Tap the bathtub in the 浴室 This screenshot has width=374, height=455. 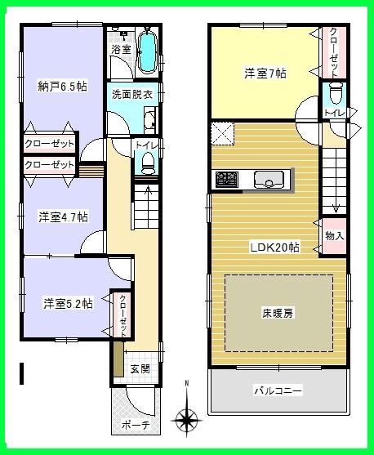(x=148, y=51)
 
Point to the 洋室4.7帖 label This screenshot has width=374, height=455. (x=63, y=217)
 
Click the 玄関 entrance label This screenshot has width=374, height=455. (x=140, y=368)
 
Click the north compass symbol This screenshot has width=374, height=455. (x=188, y=417)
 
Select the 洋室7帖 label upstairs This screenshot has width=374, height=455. (x=265, y=74)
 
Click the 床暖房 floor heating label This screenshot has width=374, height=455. (x=278, y=314)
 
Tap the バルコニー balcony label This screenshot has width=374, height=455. (x=278, y=391)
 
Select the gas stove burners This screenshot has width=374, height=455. (x=226, y=178)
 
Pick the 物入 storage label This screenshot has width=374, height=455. (x=334, y=235)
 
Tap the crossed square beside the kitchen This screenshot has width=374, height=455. (x=224, y=132)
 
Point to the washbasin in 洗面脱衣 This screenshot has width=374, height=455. (x=150, y=123)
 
